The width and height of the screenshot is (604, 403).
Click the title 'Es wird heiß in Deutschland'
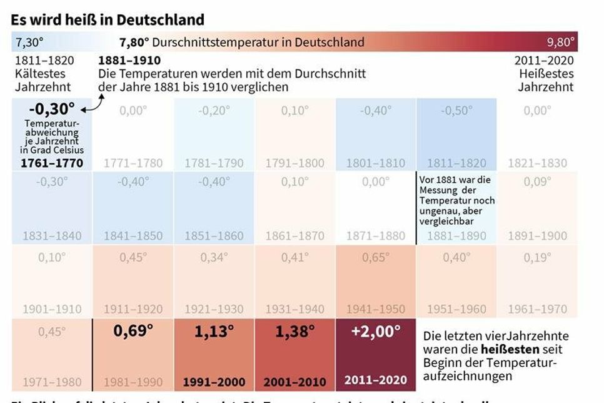pos(108,19)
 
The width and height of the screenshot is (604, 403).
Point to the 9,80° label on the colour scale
pos(560,43)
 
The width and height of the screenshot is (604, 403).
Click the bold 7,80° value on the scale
pos(134,43)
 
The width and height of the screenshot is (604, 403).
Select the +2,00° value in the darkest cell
pos(376,332)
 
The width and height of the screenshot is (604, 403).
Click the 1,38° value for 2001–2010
pos(294,332)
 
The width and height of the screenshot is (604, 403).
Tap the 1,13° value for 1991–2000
pos(214,332)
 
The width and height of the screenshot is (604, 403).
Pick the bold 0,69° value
pos(133,330)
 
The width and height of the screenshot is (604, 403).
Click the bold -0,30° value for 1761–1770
pos(51,110)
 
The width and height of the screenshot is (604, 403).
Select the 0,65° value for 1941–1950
pos(376,257)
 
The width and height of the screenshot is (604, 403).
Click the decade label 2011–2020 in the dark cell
pos(376,379)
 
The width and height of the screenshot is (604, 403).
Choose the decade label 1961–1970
pos(538,309)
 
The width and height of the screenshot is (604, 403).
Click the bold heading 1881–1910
pos(129,61)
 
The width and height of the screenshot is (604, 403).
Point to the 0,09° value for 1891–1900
pos(538,182)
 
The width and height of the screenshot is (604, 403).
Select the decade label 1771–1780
pos(133,163)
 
